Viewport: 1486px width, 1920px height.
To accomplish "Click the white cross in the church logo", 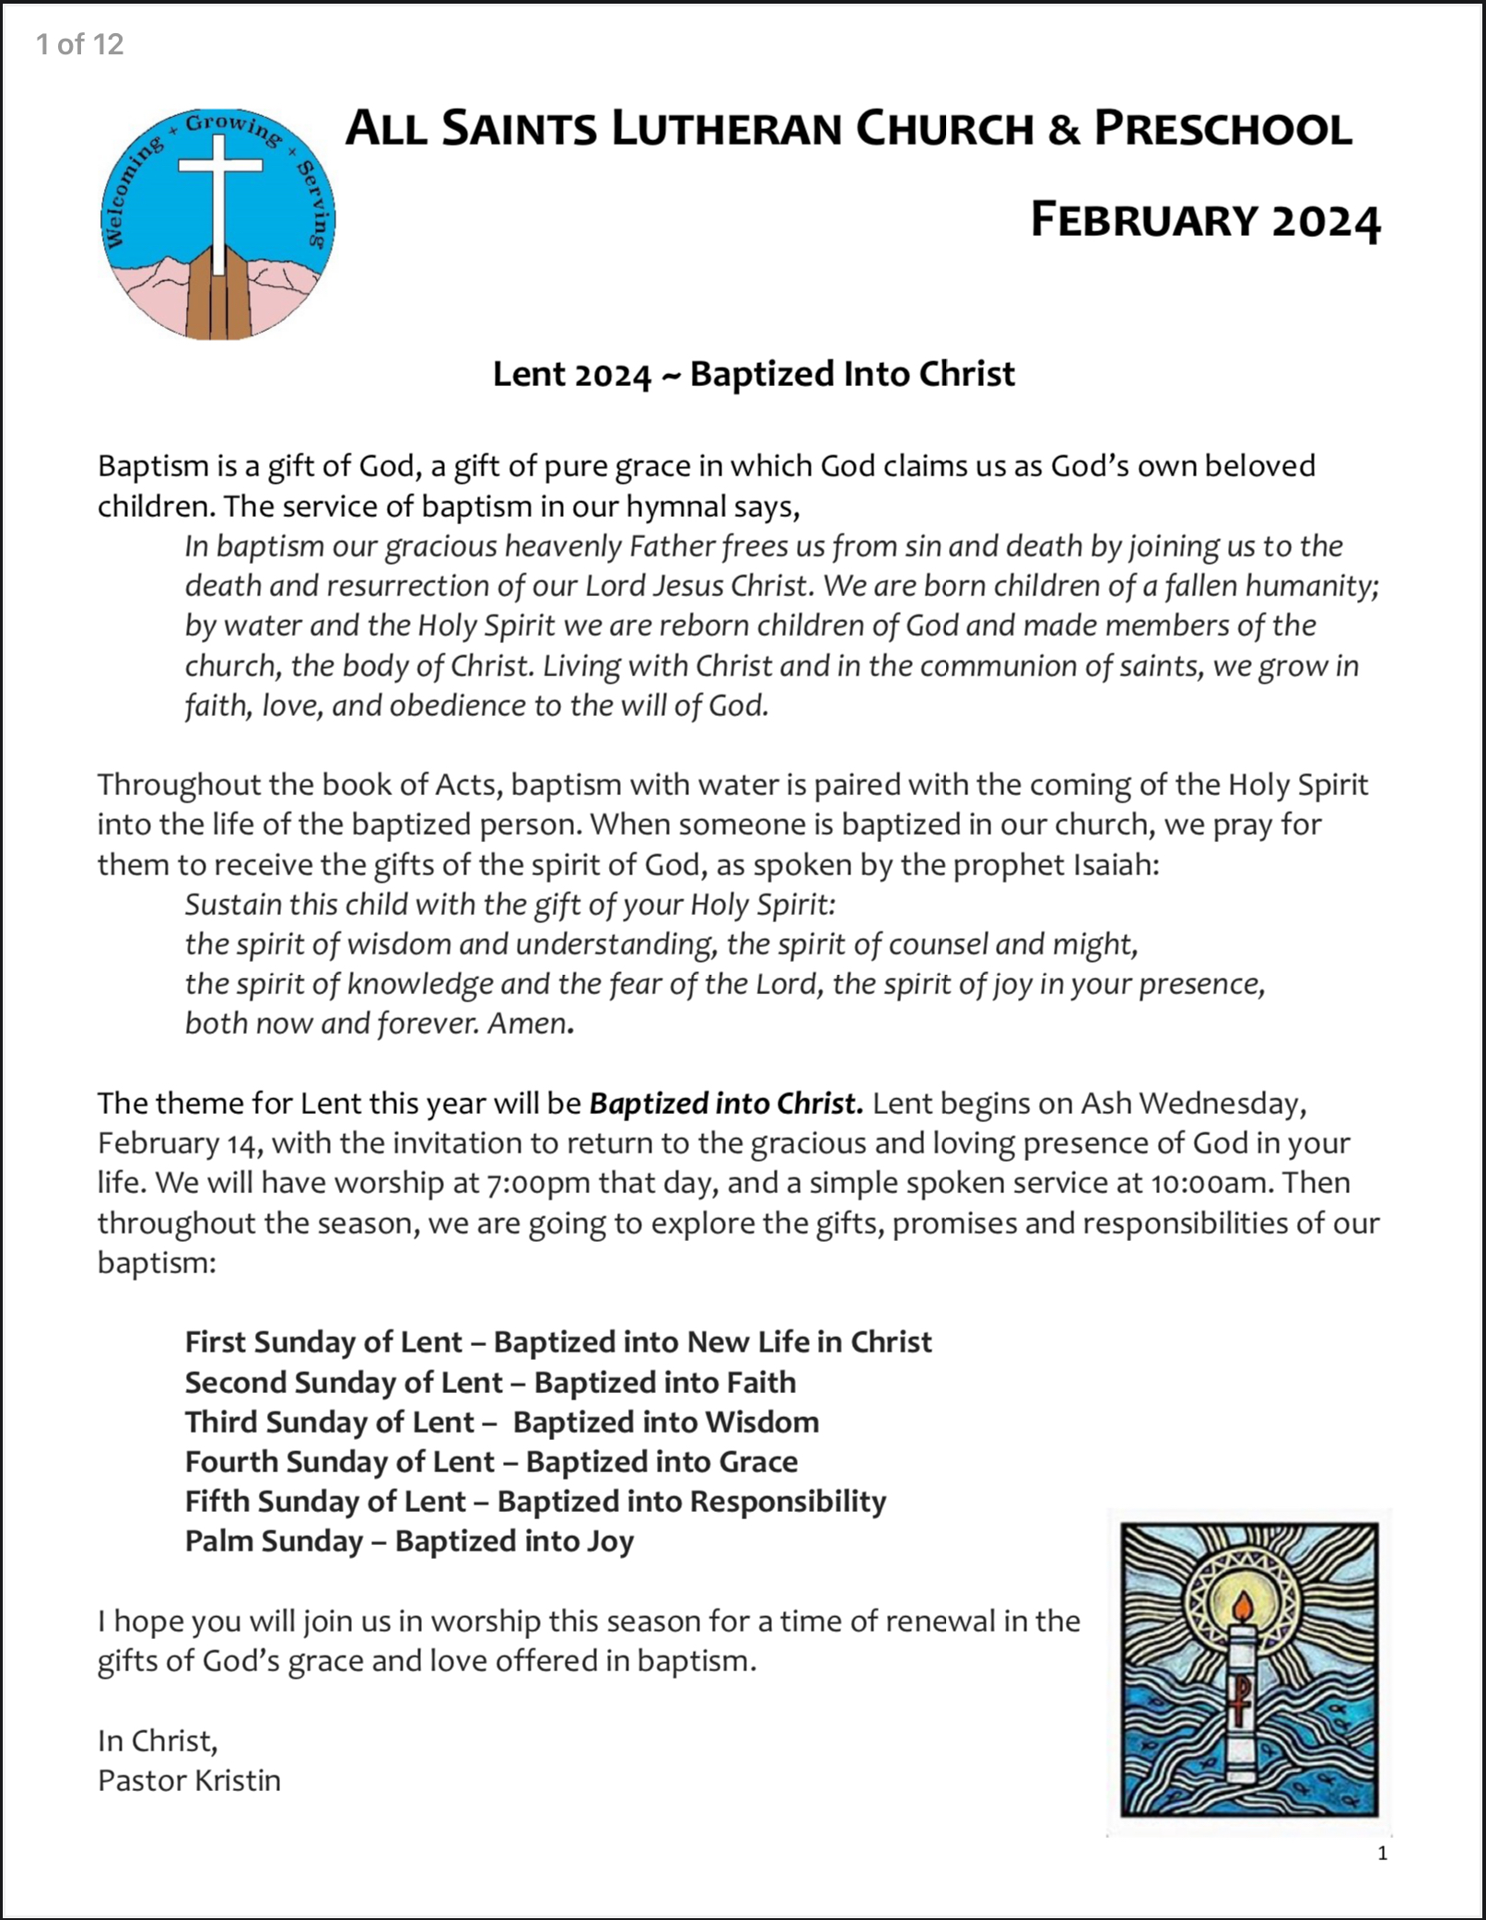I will click(x=219, y=184).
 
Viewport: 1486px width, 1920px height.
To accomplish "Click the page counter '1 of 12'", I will click(x=80, y=44).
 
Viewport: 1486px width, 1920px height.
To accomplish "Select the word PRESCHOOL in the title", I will click(x=1223, y=129).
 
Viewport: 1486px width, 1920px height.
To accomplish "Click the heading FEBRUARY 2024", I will click(x=1205, y=221).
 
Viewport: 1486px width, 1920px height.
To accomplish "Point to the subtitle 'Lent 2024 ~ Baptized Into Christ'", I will click(x=754, y=375).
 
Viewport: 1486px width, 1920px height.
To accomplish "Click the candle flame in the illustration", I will click(x=1243, y=1608).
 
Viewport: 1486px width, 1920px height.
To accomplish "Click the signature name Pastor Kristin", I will click(x=189, y=1780).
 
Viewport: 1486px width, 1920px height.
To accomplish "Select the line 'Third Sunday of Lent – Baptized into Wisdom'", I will click(x=501, y=1422).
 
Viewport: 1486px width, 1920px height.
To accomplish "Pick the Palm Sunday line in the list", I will click(x=409, y=1541).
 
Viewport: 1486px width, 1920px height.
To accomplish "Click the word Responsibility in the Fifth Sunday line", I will click(x=788, y=1502).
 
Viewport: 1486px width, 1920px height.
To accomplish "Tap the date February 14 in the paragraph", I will click(x=181, y=1143).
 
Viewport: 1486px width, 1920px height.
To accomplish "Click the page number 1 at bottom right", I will click(x=1382, y=1853).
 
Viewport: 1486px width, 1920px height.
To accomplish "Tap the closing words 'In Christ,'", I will click(x=158, y=1740).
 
